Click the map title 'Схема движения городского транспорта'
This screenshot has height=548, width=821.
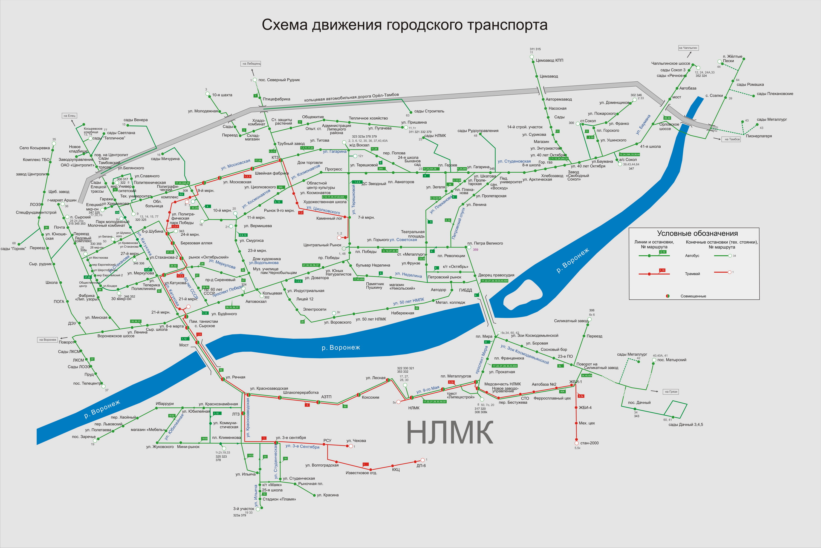[x=404, y=25]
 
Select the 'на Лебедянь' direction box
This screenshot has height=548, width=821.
[x=251, y=64]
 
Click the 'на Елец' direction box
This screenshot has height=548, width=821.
[x=70, y=116]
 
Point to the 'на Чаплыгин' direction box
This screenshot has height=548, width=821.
[x=688, y=48]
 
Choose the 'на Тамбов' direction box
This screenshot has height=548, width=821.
[x=732, y=139]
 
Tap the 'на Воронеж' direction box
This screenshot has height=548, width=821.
[x=48, y=340]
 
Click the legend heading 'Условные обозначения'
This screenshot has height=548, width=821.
[x=697, y=233]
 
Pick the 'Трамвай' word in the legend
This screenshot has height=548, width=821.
[x=692, y=274]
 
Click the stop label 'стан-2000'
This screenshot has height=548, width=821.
[x=589, y=443]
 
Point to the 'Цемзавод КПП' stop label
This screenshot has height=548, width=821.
[x=550, y=61]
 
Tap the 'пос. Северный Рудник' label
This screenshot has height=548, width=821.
[x=279, y=80]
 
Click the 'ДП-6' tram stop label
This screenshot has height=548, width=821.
[x=421, y=466]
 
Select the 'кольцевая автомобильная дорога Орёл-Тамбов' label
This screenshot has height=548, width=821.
[x=351, y=98]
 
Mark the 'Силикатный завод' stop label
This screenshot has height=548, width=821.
[x=571, y=321]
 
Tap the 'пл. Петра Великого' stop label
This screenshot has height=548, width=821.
[x=485, y=243]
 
